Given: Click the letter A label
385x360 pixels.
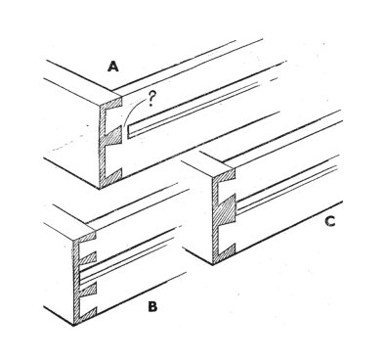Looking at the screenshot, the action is tap(113, 67).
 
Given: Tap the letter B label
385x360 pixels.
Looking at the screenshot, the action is tap(152, 307).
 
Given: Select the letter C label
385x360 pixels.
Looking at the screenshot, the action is tap(330, 222).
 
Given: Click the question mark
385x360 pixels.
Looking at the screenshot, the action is tap(150, 99).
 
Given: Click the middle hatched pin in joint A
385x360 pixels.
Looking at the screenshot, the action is tap(114, 136).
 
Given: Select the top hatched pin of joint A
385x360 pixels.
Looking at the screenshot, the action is tap(114, 104).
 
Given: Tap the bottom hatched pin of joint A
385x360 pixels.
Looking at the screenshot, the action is tap(114, 176).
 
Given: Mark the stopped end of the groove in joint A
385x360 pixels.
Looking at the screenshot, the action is tap(128, 131).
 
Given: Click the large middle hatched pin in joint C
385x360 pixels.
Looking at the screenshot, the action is tap(226, 210).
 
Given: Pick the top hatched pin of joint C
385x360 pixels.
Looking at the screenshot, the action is tap(227, 175).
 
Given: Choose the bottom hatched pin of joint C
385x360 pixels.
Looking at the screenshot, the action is tap(228, 249).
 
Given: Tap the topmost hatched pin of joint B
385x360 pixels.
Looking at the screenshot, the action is tap(87, 239).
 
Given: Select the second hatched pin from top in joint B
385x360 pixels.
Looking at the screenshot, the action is tap(89, 258).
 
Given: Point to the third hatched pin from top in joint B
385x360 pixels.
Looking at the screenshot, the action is tap(89, 290).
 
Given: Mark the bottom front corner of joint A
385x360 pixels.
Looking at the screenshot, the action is tap(100, 189).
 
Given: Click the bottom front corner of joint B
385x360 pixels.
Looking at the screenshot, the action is tap(73, 325).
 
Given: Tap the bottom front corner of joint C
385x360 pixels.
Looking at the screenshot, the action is tap(213, 264).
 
